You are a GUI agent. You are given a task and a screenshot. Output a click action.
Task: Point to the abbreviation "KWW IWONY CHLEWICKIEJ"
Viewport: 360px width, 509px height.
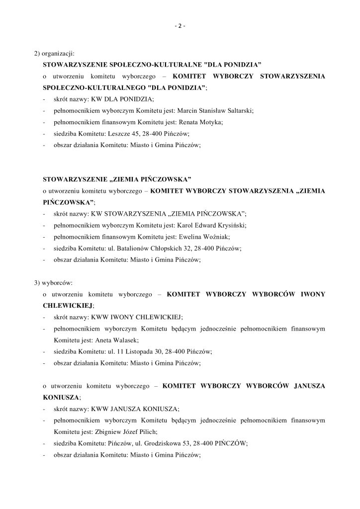(133, 317)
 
